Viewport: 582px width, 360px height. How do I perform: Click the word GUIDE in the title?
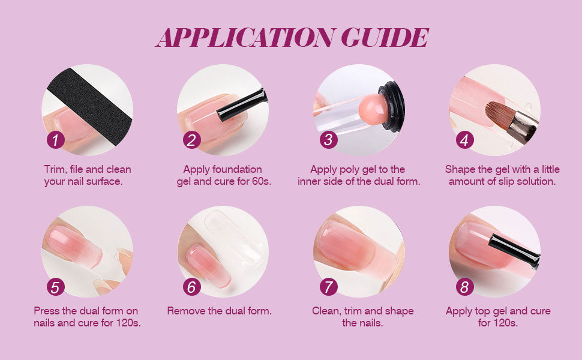click(x=385, y=37)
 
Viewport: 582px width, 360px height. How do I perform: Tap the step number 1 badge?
click(x=56, y=140)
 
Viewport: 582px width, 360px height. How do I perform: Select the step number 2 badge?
click(x=192, y=140)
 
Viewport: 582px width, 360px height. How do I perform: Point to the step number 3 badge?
click(x=328, y=140)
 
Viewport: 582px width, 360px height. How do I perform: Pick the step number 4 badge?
click(x=465, y=140)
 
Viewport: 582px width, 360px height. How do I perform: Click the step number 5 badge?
click(x=56, y=287)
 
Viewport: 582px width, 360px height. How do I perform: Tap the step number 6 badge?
click(x=192, y=287)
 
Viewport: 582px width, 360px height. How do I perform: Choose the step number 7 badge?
click(x=328, y=287)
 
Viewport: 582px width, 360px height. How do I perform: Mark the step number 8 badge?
click(x=465, y=287)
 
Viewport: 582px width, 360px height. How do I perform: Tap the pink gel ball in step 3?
click(x=373, y=109)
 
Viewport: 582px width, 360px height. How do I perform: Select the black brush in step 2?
click(x=242, y=104)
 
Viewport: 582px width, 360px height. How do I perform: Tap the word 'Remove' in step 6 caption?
click(x=186, y=311)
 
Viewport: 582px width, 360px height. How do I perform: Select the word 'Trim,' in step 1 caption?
click(x=55, y=170)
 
